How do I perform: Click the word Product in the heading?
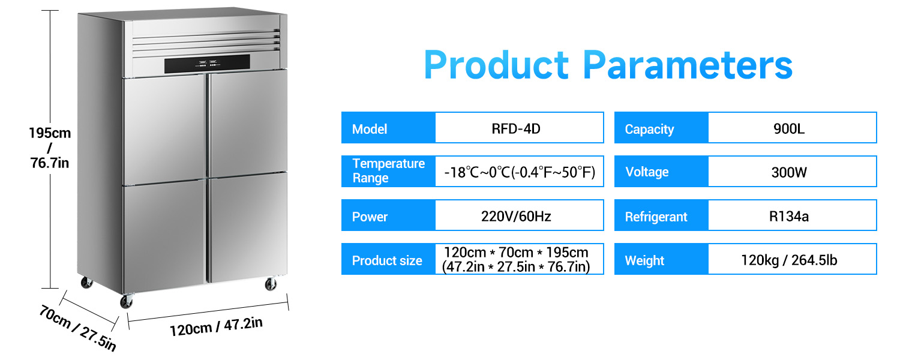(496, 65)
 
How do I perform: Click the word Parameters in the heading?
(688, 65)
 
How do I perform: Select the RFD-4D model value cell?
(519, 128)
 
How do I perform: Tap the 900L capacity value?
(792, 128)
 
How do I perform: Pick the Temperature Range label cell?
(389, 171)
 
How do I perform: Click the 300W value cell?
(792, 172)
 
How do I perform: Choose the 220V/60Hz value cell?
(519, 215)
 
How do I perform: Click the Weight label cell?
(661, 259)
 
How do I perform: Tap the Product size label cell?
(389, 259)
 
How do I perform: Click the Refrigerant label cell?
(661, 215)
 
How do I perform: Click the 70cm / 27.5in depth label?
(78, 328)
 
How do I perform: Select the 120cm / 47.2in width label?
(216, 326)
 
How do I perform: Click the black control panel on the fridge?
(207, 64)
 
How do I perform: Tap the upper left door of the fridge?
(165, 130)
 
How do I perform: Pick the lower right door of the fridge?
(248, 227)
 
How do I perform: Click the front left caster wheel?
(127, 301)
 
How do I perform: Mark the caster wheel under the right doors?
(271, 284)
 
